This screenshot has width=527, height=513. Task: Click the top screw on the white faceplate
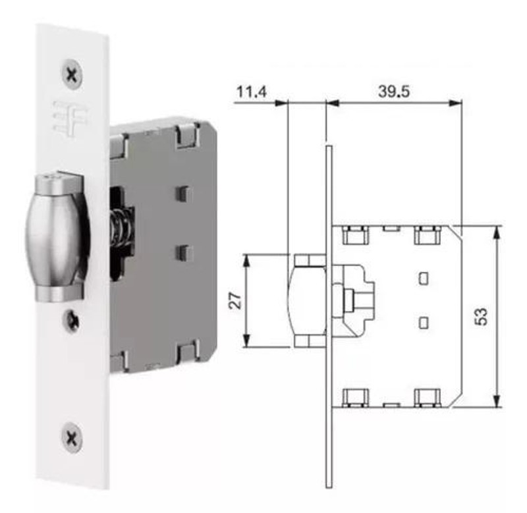tap(72, 72)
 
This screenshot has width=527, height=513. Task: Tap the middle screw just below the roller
tap(71, 321)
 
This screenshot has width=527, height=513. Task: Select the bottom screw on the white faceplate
tap(72, 435)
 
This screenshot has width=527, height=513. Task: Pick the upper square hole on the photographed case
tap(183, 192)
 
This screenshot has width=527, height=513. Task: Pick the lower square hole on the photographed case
tap(183, 252)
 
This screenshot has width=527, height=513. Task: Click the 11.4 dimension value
tap(251, 92)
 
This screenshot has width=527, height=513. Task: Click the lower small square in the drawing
tap(424, 322)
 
